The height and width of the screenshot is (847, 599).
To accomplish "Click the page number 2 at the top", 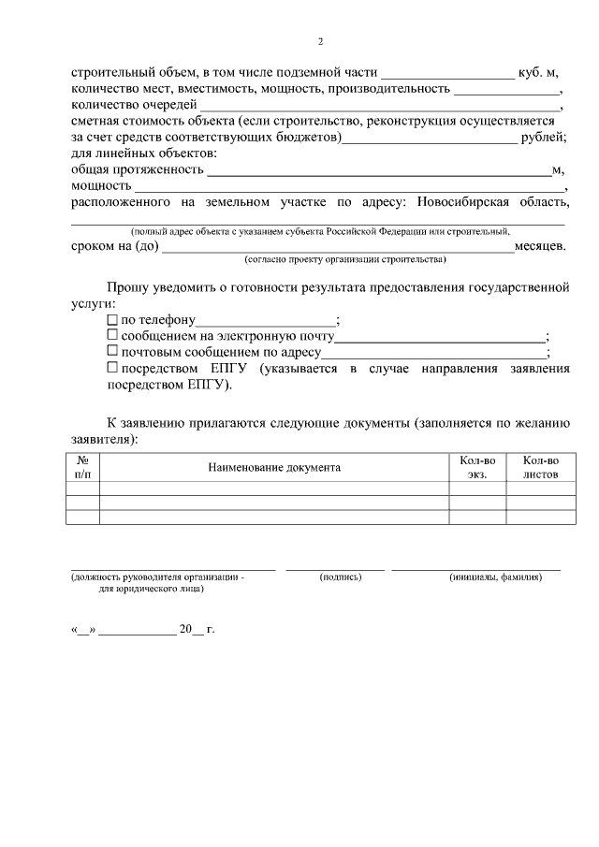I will pos(320,41).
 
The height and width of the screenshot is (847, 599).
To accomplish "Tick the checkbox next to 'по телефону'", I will pos(112,321).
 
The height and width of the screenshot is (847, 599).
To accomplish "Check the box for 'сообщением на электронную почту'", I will pos(112,337).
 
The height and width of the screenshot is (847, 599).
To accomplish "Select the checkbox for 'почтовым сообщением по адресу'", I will pos(112,353).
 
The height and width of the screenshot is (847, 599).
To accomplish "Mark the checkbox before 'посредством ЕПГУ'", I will pos(112,369).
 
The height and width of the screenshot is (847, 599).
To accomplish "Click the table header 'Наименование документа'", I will pos(274,467).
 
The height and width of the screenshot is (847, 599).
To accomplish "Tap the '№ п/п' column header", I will pos(82,467).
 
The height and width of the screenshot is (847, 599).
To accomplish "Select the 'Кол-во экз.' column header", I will pos(477,467).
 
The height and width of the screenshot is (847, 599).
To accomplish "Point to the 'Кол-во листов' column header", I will pos(540,467).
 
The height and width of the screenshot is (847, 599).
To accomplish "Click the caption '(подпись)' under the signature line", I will pos(340,577).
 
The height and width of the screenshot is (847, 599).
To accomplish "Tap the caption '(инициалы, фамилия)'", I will pos(495,577).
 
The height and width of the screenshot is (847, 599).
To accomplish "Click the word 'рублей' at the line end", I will pos(543,139).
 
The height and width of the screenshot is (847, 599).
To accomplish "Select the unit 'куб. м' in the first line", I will pos(538,72).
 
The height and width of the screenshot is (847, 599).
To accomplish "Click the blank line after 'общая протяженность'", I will pos(378,171).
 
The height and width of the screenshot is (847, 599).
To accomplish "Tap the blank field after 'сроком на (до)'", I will pos(337,247).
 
